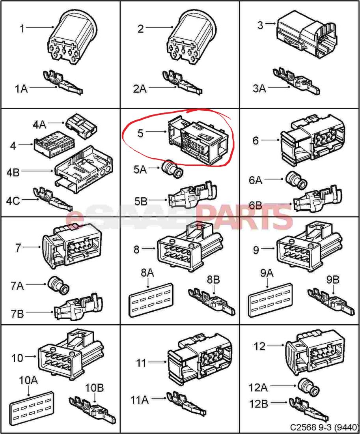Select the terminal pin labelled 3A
pyautogui.click(x=296, y=80)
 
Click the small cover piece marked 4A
pyautogui.click(x=82, y=126)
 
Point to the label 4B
pyautogui.click(x=13, y=172)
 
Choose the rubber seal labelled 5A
pyautogui.click(x=172, y=169)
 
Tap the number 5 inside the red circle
pyautogui.click(x=140, y=133)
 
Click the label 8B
pyautogui.click(x=213, y=280)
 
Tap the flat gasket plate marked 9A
pyautogui.click(x=270, y=300)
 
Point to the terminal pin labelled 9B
pyautogui.click(x=331, y=303)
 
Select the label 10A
pyautogui.click(x=28, y=380)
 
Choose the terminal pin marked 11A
pyautogui.click(x=186, y=403)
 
